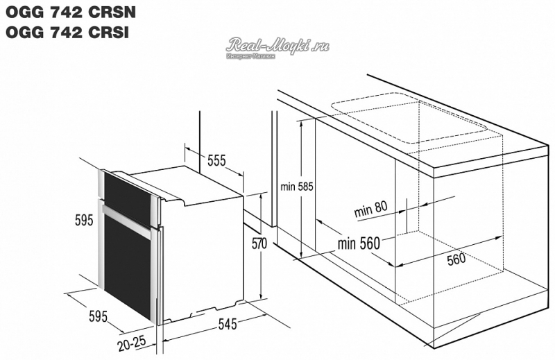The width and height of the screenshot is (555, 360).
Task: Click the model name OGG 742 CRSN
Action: (x=71, y=12)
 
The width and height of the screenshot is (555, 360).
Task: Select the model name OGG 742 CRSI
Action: (x=67, y=32)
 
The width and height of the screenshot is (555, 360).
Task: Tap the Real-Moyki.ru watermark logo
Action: (x=277, y=47)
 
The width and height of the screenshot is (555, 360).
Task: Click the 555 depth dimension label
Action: (x=216, y=160)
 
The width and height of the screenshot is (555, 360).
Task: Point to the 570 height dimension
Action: (x=259, y=243)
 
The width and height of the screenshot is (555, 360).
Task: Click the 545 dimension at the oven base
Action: (x=227, y=323)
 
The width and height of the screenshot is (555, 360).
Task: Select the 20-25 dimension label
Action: (x=132, y=343)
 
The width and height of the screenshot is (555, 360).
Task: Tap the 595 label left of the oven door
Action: (x=84, y=220)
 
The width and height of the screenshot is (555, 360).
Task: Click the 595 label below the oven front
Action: (x=98, y=316)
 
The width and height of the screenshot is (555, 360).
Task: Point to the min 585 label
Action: (x=297, y=186)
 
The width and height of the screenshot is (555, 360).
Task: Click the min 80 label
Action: (x=370, y=209)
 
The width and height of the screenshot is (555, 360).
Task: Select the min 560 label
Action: (x=359, y=243)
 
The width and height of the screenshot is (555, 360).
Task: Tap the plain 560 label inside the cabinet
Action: (x=456, y=259)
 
